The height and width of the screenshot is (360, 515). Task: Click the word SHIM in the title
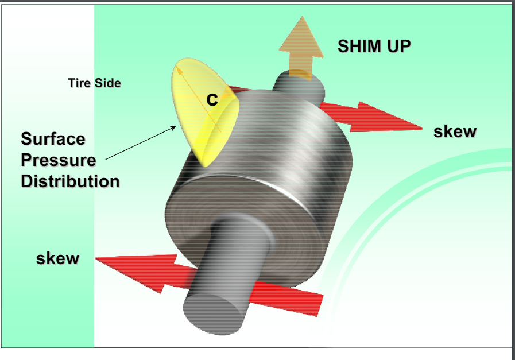point(357,47)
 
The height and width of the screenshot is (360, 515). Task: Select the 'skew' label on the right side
point(455,131)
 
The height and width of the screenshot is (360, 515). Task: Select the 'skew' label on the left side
point(57,258)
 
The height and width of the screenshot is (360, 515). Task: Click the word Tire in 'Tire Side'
point(79,83)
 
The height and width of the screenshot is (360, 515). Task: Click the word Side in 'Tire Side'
point(107,83)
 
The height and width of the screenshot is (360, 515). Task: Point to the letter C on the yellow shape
point(212,100)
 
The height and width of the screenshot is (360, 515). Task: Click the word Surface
point(53,139)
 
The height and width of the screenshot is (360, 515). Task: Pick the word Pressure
point(58,160)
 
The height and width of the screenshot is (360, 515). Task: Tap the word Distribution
point(70,181)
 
